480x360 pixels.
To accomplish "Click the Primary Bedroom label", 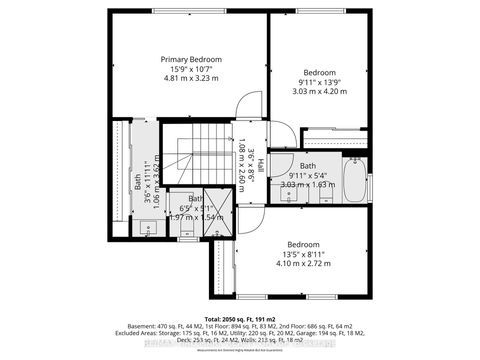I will coord(191,59).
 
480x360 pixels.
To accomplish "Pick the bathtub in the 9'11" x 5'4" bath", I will coord(355,184).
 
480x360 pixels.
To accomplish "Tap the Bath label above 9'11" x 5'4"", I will coord(308,166).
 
